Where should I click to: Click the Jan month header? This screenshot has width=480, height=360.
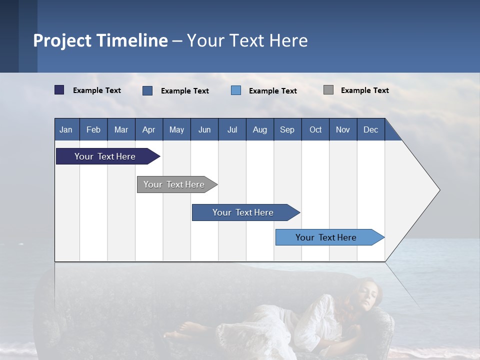[66, 129]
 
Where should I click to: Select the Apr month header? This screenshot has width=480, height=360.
[149, 129]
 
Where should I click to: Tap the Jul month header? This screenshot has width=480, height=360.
[232, 129]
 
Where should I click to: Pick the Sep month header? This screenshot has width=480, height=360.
[287, 129]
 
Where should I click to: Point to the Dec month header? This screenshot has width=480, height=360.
[370, 129]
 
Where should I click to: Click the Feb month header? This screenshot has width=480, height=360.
[93, 129]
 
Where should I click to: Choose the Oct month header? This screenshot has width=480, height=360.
[315, 129]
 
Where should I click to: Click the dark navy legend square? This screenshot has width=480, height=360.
[59, 90]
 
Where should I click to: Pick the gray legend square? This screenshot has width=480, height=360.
[328, 90]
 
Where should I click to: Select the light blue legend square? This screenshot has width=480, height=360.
[236, 90]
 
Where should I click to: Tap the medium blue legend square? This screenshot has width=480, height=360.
[147, 90]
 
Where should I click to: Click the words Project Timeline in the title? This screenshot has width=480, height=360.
[100, 40]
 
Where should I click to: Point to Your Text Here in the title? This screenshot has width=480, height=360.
[247, 40]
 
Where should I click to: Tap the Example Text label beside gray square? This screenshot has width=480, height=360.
[364, 90]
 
